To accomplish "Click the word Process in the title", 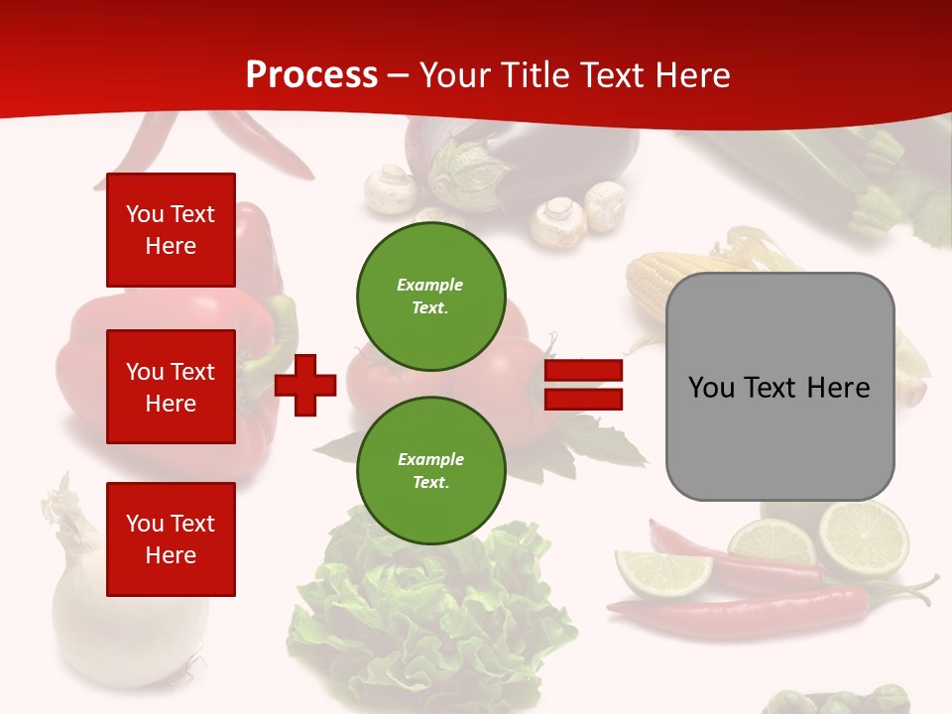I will point(311,75).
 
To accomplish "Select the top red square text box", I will point(171,230).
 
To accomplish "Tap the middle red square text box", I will point(171,387).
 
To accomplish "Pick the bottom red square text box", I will point(171,538).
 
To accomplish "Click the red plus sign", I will point(305,385).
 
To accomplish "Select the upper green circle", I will point(431,297).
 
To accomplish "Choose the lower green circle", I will point(431,471).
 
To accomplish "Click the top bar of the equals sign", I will point(583,370).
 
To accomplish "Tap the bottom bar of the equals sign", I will point(583,399).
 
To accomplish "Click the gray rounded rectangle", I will point(779,387).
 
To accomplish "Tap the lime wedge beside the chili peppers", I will point(662,570).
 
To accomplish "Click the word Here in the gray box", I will point(838,387).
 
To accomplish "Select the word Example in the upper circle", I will point(430,285).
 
